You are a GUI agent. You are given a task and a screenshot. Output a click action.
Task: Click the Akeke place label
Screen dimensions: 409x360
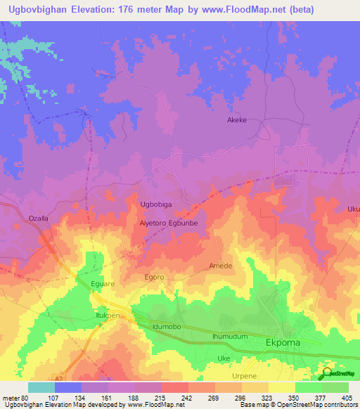click(x=236, y=120)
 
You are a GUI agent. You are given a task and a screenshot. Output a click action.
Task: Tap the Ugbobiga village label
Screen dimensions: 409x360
click(x=156, y=204)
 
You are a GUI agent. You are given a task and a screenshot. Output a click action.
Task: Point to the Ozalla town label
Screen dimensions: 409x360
click(x=38, y=219)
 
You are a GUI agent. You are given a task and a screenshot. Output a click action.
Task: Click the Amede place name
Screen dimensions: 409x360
click(x=220, y=266)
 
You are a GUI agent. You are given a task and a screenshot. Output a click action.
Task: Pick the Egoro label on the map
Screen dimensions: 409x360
click(x=154, y=277)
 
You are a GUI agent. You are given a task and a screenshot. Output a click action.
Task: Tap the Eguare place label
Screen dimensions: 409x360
click(x=103, y=284)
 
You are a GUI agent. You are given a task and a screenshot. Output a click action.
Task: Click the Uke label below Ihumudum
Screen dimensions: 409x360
click(x=224, y=358)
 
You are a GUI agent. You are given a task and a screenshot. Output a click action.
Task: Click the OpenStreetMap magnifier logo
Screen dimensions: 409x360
click(x=327, y=374)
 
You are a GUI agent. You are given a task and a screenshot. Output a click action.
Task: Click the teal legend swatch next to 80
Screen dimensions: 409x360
click(x=41, y=387)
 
